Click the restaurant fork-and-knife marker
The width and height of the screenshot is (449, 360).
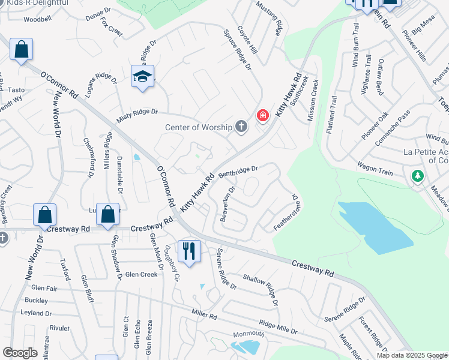click(189, 251)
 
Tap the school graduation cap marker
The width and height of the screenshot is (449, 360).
click(142, 76)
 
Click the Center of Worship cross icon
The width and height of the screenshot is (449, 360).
click(241, 127)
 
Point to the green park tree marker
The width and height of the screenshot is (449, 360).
click(417, 176)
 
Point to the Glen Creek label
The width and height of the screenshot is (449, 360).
click(141, 275)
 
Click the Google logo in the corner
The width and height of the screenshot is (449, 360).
click(20, 352)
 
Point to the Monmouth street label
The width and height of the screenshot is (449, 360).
click(249, 334)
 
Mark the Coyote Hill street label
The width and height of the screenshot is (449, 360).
click(247, 39)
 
